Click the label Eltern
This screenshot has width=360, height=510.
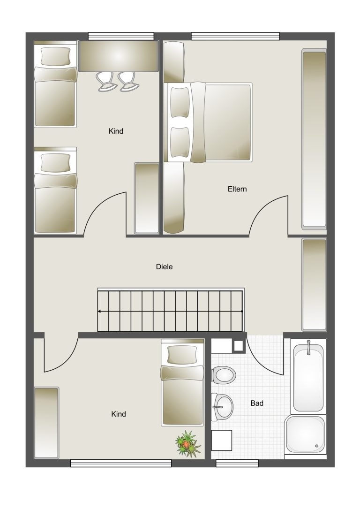coord(237,189)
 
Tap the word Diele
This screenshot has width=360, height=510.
coord(165,266)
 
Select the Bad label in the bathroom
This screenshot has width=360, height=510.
coord(257,403)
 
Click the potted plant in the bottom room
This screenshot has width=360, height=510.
coord(188,444)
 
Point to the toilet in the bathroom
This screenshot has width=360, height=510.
coord(224,375)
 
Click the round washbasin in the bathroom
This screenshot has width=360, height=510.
coord(223,407)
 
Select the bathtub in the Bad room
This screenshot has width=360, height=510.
coord(308,376)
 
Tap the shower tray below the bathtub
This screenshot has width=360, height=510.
coord(305,434)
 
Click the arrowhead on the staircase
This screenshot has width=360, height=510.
coord(99,311)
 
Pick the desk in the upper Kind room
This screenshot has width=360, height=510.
coord(119,56)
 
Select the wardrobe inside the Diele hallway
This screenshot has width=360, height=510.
coord(314,285)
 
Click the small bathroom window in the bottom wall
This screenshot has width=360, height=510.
coord(237,463)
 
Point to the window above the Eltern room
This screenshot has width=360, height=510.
coord(235,36)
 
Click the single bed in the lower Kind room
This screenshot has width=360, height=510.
coord(183,382)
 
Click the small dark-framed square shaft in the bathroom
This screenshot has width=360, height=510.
coord(239,346)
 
